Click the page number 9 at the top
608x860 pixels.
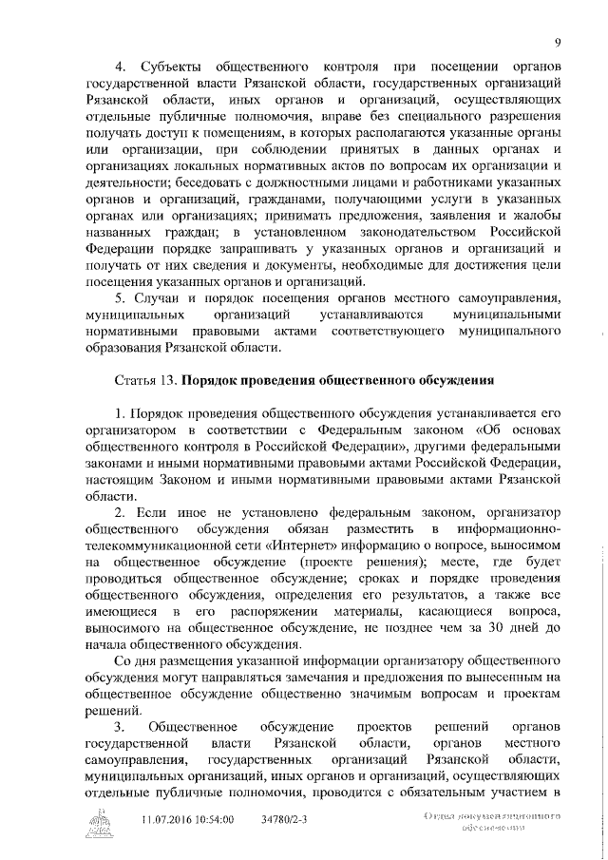click(560, 41)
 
